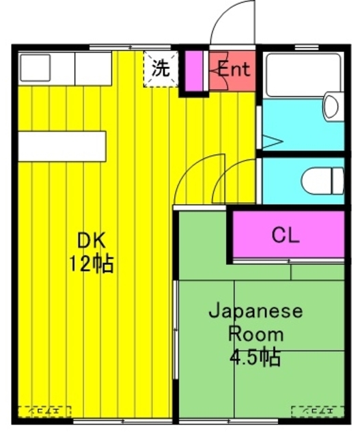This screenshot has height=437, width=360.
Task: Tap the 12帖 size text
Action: point(89,264)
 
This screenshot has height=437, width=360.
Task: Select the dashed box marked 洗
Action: point(160,69)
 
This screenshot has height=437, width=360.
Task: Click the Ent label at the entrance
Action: point(234,68)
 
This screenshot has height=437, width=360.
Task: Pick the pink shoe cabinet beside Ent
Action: point(194,70)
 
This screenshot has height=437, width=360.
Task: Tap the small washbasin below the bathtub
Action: point(331,107)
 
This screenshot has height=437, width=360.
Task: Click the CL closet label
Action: point(286,236)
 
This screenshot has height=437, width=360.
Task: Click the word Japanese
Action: point(255,312)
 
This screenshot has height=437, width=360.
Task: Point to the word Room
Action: point(255,335)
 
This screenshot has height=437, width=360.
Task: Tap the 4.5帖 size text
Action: point(255,357)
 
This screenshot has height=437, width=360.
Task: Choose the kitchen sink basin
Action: point(35,68)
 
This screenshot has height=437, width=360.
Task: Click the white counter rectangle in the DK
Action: point(61,145)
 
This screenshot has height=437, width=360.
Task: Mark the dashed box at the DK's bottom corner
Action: point(45,412)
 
